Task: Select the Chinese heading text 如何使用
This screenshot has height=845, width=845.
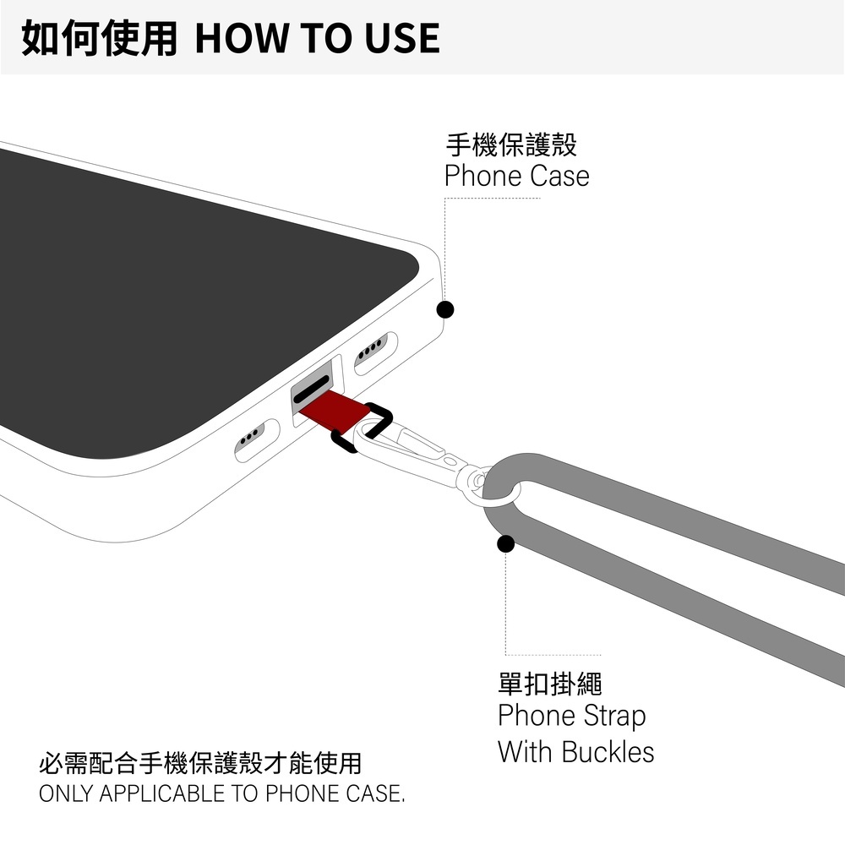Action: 99,38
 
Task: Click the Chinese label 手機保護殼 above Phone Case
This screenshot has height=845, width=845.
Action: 511,145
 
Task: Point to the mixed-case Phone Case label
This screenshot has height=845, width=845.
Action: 516,177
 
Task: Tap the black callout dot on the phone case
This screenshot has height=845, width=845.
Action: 445,309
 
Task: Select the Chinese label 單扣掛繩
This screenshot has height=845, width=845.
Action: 550,683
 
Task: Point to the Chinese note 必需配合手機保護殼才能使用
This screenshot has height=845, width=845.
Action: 201,764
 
